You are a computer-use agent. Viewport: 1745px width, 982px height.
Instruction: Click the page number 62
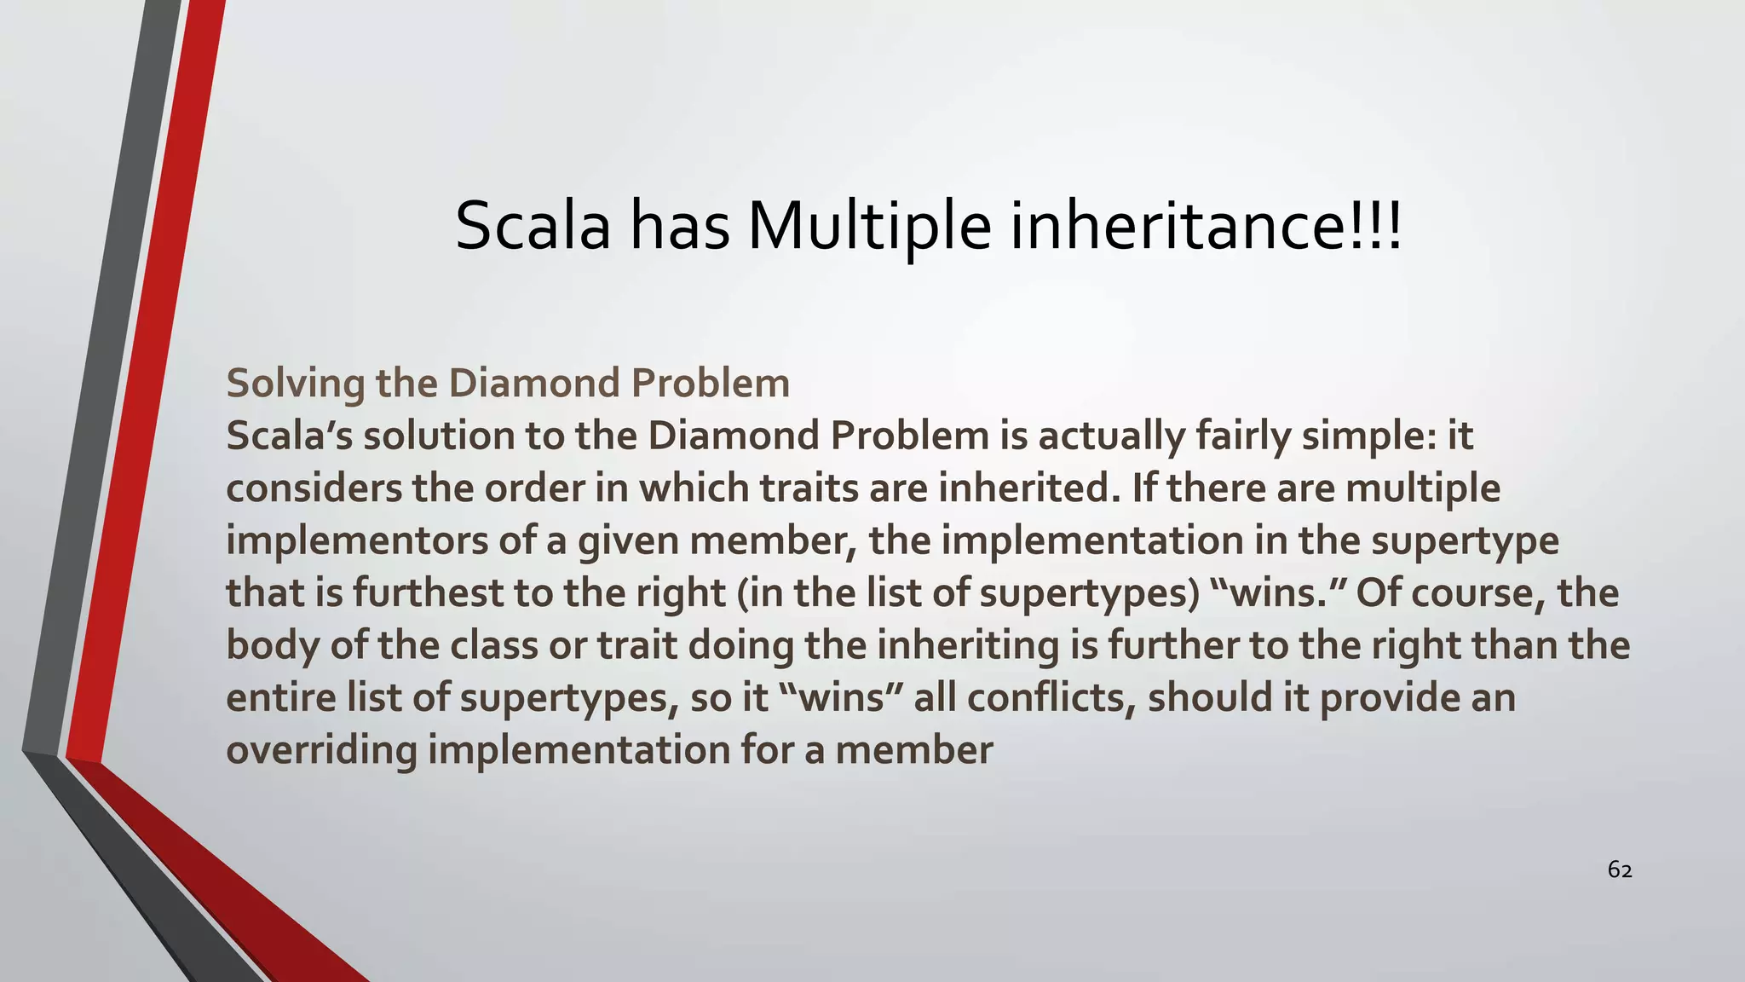(x=1619, y=870)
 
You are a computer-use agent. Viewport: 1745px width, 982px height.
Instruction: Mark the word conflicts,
(x=1052, y=698)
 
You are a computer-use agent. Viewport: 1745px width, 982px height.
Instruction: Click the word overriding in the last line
(x=322, y=750)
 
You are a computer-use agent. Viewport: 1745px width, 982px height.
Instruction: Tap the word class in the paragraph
(x=494, y=645)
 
